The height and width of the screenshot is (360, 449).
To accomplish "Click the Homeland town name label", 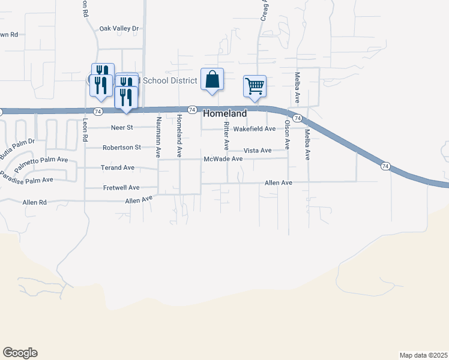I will pyautogui.click(x=225, y=113).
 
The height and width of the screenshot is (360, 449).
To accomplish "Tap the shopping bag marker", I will pyautogui.click(x=212, y=80).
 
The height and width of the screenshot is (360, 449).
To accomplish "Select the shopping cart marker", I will pyautogui.click(x=255, y=86).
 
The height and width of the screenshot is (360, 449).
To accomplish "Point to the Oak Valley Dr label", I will pyautogui.click(x=119, y=28).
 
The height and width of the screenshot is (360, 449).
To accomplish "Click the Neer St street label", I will pyautogui.click(x=122, y=128).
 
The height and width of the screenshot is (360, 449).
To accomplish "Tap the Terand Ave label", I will pyautogui.click(x=118, y=168).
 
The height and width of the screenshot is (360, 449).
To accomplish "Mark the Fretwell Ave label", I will pyautogui.click(x=121, y=188).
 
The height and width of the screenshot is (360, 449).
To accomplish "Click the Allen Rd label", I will pyautogui.click(x=34, y=203).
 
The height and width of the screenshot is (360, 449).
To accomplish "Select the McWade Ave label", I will pyautogui.click(x=223, y=159).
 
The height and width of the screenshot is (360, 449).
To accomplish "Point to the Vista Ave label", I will pyautogui.click(x=257, y=150).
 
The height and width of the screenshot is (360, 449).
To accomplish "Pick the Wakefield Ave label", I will pyautogui.click(x=254, y=129).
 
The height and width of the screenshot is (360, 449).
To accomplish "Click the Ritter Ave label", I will pyautogui.click(x=226, y=136).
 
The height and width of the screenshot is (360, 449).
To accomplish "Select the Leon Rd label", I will pyautogui.click(x=85, y=129).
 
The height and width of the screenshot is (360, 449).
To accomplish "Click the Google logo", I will pyautogui.click(x=20, y=353).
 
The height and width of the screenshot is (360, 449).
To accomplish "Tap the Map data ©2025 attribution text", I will pyautogui.click(x=424, y=355).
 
